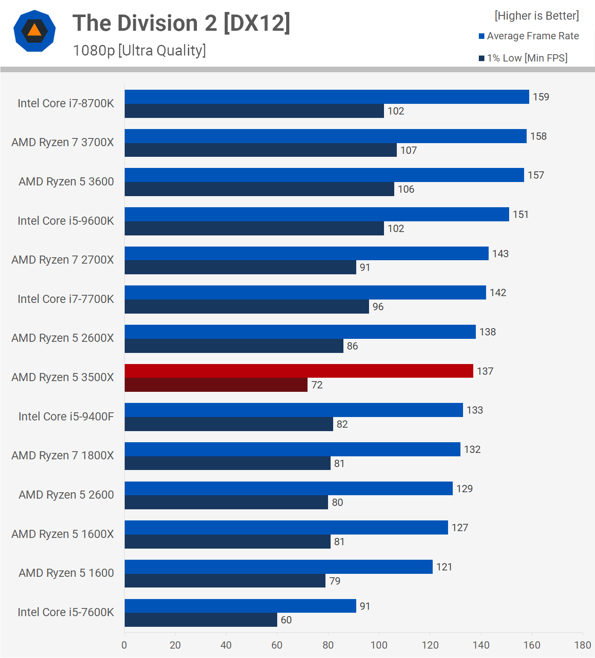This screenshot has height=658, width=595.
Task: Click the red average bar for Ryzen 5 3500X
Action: pos(299,371)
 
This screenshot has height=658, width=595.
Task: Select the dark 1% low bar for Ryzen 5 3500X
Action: pos(216,385)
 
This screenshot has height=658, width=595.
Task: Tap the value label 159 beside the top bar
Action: pos(541,97)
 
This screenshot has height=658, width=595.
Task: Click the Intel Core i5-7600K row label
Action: pos(66,612)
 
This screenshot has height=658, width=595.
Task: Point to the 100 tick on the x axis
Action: pos(379,645)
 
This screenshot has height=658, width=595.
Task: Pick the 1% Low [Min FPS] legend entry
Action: pos(523,58)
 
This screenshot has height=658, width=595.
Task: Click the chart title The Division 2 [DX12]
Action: pos(181,23)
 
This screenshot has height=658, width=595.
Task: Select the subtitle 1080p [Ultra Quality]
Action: pos(139,50)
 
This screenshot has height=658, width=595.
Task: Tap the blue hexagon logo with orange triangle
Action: pos(35,31)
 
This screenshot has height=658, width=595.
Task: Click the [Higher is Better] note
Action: pos(536,16)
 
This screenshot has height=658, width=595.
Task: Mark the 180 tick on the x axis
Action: pos(583,645)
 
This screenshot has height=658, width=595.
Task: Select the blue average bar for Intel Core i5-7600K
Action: pos(240,606)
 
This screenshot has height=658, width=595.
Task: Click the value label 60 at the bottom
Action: pos(286,620)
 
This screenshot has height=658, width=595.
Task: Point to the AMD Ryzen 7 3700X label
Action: pos(63,142)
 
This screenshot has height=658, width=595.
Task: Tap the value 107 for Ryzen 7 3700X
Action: pos(408,150)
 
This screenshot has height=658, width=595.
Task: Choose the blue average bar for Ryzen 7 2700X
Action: pos(306,253)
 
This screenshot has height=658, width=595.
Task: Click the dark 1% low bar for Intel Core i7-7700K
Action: pos(246,307)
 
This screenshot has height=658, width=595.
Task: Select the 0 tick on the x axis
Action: pos(124,645)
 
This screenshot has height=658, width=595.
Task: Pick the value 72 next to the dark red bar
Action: pos(317,385)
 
